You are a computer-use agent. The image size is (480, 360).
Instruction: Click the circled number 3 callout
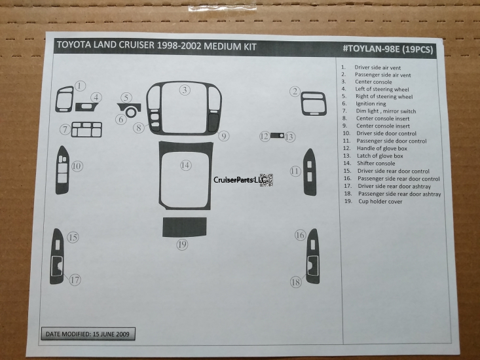pos(186,90)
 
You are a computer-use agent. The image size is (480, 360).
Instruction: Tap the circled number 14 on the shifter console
pos(186,166)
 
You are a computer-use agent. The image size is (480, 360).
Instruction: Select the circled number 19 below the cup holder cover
pos(182,244)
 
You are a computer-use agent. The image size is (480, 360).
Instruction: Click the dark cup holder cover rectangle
pos(185,226)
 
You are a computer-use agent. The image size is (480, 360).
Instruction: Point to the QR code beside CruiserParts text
pos(266,180)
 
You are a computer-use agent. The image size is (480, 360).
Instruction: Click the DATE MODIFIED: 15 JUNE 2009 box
pos(88,334)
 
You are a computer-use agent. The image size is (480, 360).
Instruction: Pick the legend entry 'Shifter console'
pos(375,163)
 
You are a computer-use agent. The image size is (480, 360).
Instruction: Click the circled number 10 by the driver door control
pos(77,166)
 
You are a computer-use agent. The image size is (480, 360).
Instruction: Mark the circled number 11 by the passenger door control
pos(295,171)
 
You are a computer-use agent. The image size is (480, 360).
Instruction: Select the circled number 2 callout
pos(295,92)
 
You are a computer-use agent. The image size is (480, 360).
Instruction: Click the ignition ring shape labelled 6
pos(132,112)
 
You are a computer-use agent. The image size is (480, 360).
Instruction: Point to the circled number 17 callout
pos(75,279)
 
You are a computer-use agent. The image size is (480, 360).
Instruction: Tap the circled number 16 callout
pos(300,235)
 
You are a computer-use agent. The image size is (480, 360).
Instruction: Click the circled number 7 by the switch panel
pos(65,130)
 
